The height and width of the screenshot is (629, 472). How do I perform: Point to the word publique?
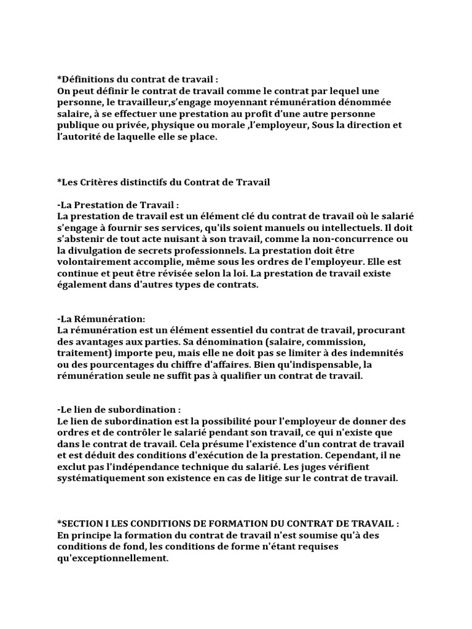coord(79,126)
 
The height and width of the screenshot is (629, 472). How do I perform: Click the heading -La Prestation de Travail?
coord(117,205)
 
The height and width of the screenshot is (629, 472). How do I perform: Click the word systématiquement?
coord(99,478)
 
